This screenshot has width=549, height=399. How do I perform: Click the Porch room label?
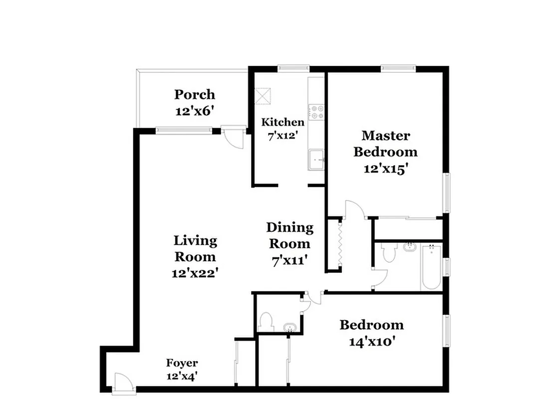tap(195, 94)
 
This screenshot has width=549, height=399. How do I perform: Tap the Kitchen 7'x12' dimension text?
tap(283, 134)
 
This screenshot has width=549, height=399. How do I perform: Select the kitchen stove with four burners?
tap(316, 112)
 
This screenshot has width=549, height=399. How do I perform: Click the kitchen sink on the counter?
tap(316, 160)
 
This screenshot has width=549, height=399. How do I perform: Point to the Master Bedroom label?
tap(385, 143)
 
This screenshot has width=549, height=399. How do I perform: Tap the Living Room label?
tap(195, 248)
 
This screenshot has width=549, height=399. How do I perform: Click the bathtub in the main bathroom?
tap(430, 267)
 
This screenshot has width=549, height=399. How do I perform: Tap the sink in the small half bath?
tap(289, 327)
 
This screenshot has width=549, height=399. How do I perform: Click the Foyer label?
tap(182, 363)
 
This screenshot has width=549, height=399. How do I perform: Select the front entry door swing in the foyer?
tap(122, 383)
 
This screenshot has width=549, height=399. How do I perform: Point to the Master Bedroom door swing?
tap(353, 210)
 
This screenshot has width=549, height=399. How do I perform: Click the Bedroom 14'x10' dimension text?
tap(372, 342)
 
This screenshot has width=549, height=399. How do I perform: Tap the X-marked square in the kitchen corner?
tap(263, 95)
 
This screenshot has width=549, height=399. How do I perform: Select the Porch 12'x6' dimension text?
tap(195, 111)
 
